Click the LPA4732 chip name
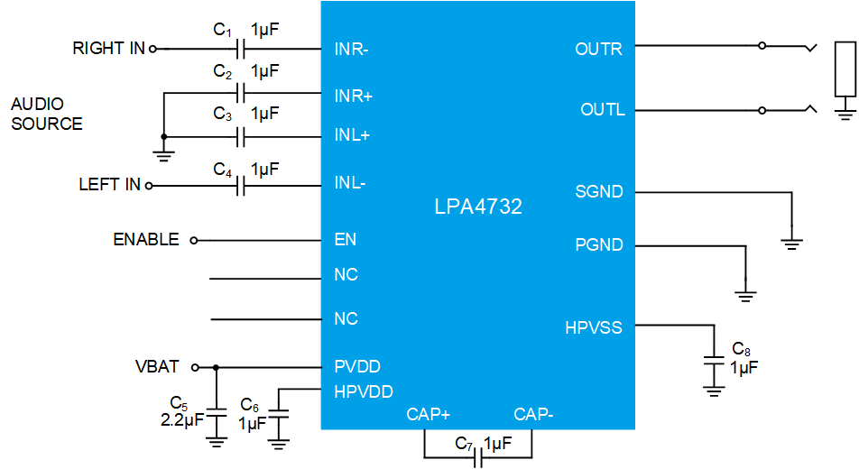(x=478, y=207)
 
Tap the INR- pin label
(x=351, y=50)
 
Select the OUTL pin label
(x=602, y=110)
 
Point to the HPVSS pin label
(x=593, y=327)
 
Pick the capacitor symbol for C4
(x=241, y=186)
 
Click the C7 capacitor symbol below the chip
(x=478, y=459)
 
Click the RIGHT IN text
(x=108, y=49)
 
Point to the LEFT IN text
(x=109, y=185)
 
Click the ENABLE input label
(x=145, y=240)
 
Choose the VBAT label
(x=157, y=367)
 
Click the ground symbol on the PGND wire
(x=745, y=294)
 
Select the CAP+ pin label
(x=428, y=414)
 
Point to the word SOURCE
(x=47, y=124)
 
